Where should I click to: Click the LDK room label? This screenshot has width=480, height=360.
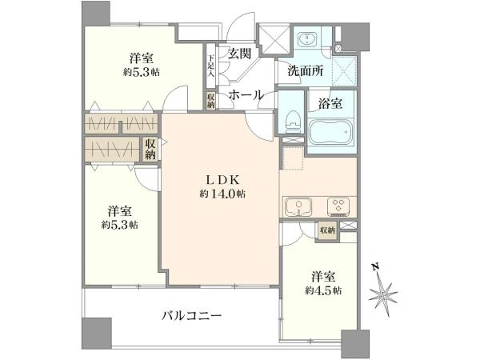[222, 180]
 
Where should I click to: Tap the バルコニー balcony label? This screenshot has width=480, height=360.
[191, 315]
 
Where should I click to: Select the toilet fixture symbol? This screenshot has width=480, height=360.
[291, 122]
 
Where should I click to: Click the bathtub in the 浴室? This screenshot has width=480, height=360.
[331, 133]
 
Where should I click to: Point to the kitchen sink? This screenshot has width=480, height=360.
[298, 206]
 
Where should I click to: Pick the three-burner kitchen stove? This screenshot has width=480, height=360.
[338, 206]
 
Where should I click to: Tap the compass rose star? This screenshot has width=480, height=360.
[382, 294]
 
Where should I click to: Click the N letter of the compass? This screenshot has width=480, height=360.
[374, 266]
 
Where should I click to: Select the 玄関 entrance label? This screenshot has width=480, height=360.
[240, 54]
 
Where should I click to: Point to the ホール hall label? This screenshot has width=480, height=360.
[246, 94]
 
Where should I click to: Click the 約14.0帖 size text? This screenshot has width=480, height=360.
[222, 194]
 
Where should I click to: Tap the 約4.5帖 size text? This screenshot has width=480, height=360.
[323, 290]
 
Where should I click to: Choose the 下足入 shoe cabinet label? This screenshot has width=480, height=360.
[210, 66]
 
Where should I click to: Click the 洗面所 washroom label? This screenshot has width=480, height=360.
[306, 71]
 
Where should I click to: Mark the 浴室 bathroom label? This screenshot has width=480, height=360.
[330, 104]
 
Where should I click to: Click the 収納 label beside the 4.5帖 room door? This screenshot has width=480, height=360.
[327, 230]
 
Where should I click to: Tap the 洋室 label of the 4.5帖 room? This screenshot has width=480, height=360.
[324, 277]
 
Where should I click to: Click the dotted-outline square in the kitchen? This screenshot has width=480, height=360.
[293, 158]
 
